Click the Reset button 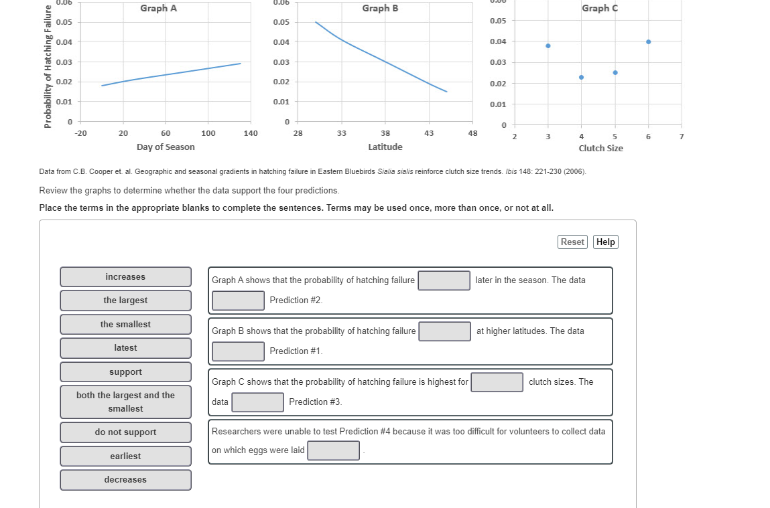[572, 242]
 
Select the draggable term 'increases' [125, 277]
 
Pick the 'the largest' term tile [125, 301]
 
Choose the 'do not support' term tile [125, 432]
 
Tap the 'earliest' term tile [125, 456]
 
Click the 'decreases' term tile [125, 480]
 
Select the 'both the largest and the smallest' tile [125, 402]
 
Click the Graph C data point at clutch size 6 [648, 41]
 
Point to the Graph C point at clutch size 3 [548, 46]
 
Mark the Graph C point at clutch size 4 [581, 77]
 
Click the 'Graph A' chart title [159, 9]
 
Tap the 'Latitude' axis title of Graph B [385, 147]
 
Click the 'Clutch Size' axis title [600, 148]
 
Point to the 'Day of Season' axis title [166, 147]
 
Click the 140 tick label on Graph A [251, 133]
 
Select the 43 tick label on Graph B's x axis [429, 133]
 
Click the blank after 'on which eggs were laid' [333, 450]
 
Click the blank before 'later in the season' [444, 280]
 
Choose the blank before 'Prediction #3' [258, 402]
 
